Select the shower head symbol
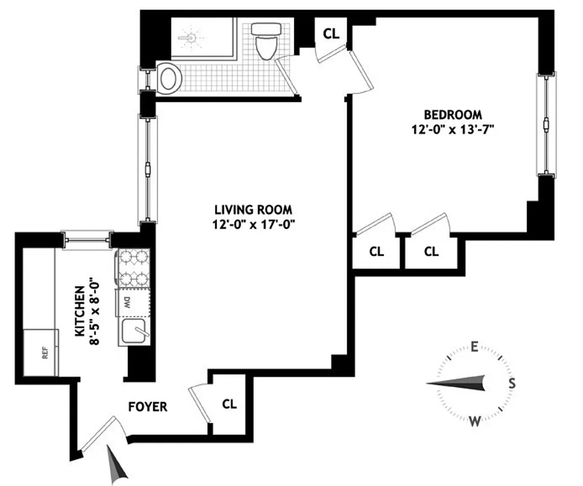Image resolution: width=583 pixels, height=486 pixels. click(191, 38)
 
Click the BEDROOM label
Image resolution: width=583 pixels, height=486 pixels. click(453, 114)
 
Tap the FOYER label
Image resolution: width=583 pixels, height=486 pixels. click(148, 406)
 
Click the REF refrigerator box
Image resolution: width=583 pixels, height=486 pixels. click(42, 352)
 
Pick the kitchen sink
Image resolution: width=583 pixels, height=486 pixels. click(132, 333)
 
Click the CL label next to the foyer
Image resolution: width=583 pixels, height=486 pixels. click(230, 403)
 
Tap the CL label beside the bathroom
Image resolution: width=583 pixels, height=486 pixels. click(331, 34)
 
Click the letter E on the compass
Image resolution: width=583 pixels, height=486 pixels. click(475, 347)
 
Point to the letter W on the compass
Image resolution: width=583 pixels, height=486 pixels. click(476, 420)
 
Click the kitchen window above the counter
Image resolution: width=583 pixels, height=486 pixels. click(89, 239)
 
